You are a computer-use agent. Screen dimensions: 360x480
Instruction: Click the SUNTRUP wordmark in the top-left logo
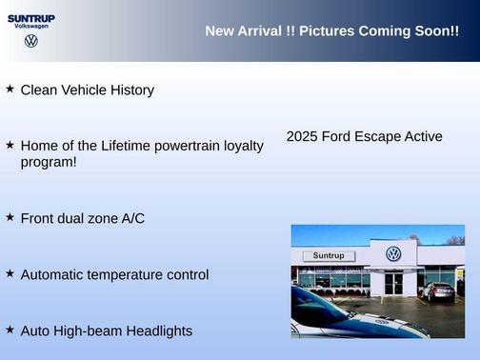pyautogui.click(x=30, y=17)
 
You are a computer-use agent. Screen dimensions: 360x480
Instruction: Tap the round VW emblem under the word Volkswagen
pyautogui.click(x=31, y=42)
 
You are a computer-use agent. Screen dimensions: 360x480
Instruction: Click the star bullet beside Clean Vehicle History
pyautogui.click(x=10, y=89)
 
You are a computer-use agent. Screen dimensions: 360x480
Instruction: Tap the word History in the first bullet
pyautogui.click(x=129, y=90)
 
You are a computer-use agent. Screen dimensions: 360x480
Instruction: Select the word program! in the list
pyautogui.click(x=49, y=162)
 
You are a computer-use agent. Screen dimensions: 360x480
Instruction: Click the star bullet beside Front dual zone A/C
pyautogui.click(x=10, y=217)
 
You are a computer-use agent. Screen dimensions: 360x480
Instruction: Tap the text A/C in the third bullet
pyautogui.click(x=132, y=219)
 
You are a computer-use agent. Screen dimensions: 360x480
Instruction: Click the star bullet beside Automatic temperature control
pyautogui.click(x=10, y=273)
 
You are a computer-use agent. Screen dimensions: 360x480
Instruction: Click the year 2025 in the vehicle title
pyautogui.click(x=302, y=137)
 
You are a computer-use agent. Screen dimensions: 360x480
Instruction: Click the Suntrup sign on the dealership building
pyautogui.click(x=328, y=256)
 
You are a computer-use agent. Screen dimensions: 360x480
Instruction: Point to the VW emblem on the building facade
pyautogui.click(x=393, y=254)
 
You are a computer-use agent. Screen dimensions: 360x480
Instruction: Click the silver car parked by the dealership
pyautogui.click(x=438, y=291)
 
